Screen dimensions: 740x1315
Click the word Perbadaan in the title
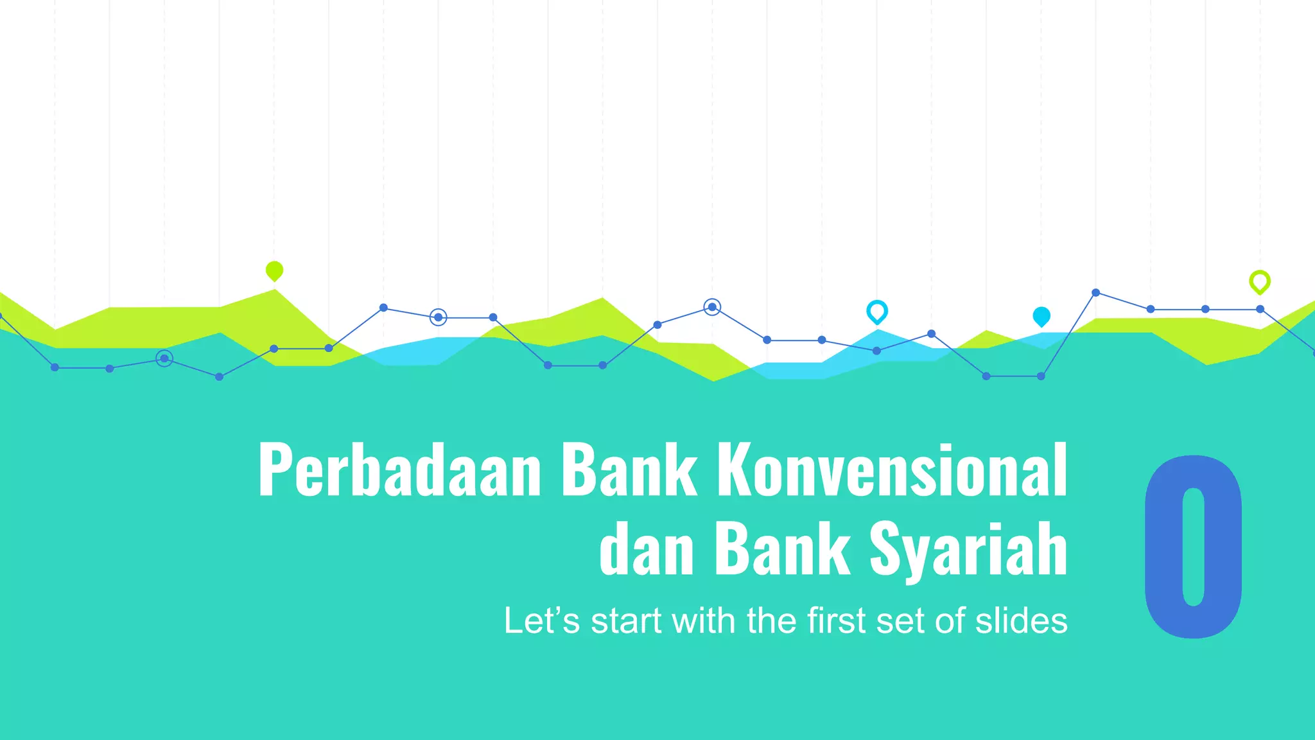(399, 471)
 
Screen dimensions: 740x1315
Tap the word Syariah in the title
(968, 549)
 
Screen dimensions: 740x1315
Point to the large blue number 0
(1193, 547)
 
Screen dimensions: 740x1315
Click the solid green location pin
(274, 270)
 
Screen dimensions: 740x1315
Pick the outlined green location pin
(1259, 281)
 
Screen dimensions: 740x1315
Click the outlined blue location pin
(876, 312)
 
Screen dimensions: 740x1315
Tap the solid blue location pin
(1041, 316)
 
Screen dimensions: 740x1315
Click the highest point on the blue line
(1095, 293)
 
